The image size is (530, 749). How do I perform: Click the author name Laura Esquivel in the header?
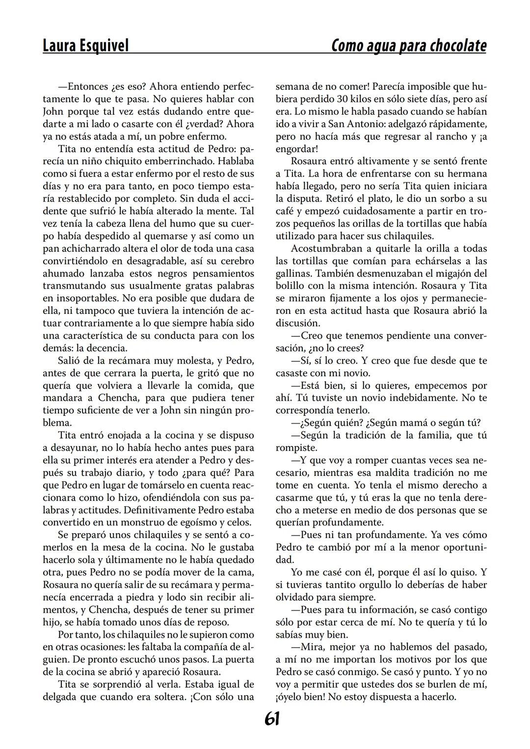[x=85, y=46]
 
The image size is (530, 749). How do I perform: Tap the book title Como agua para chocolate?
[x=409, y=46]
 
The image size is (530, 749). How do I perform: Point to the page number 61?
[x=272, y=719]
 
